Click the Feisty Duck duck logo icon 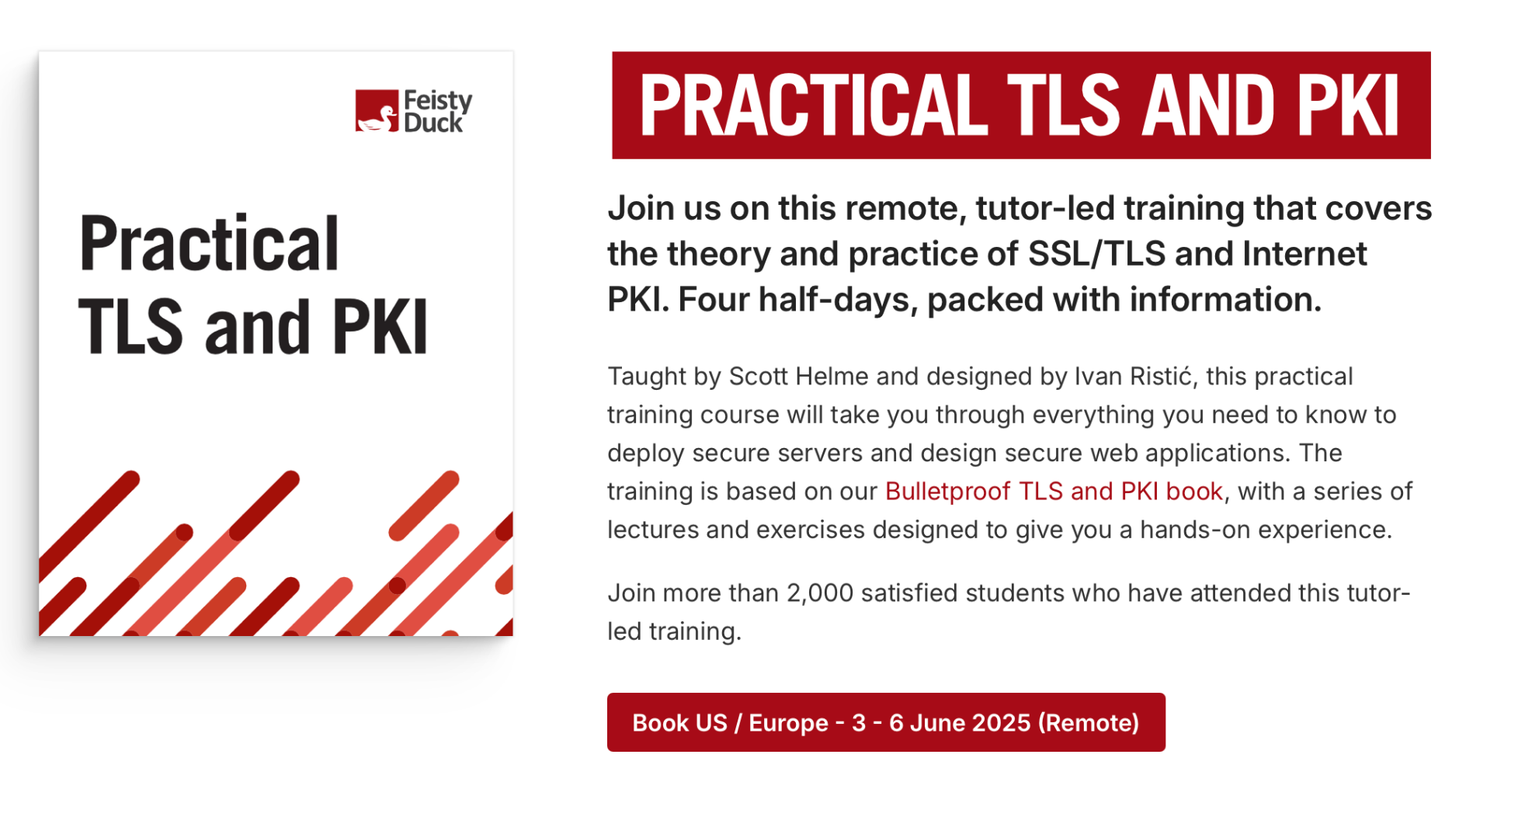377,111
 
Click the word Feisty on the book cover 438,101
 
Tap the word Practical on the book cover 209,244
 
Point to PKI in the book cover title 380,327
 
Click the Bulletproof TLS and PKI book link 1054,492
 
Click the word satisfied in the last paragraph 910,593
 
